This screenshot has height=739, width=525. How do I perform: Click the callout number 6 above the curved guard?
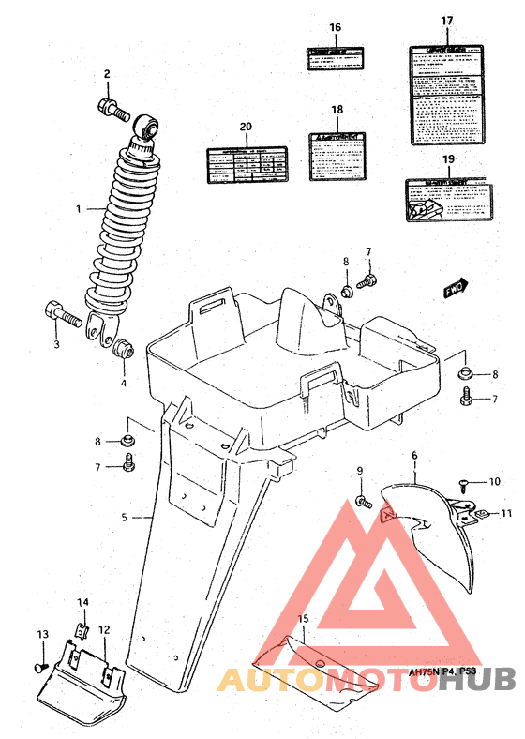[x=413, y=456]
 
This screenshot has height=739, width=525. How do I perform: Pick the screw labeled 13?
[x=40, y=665]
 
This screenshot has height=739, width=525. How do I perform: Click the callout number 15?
[x=303, y=618]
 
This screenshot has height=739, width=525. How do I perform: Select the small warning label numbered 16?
[x=335, y=58]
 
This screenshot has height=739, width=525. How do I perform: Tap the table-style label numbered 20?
[x=246, y=166]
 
